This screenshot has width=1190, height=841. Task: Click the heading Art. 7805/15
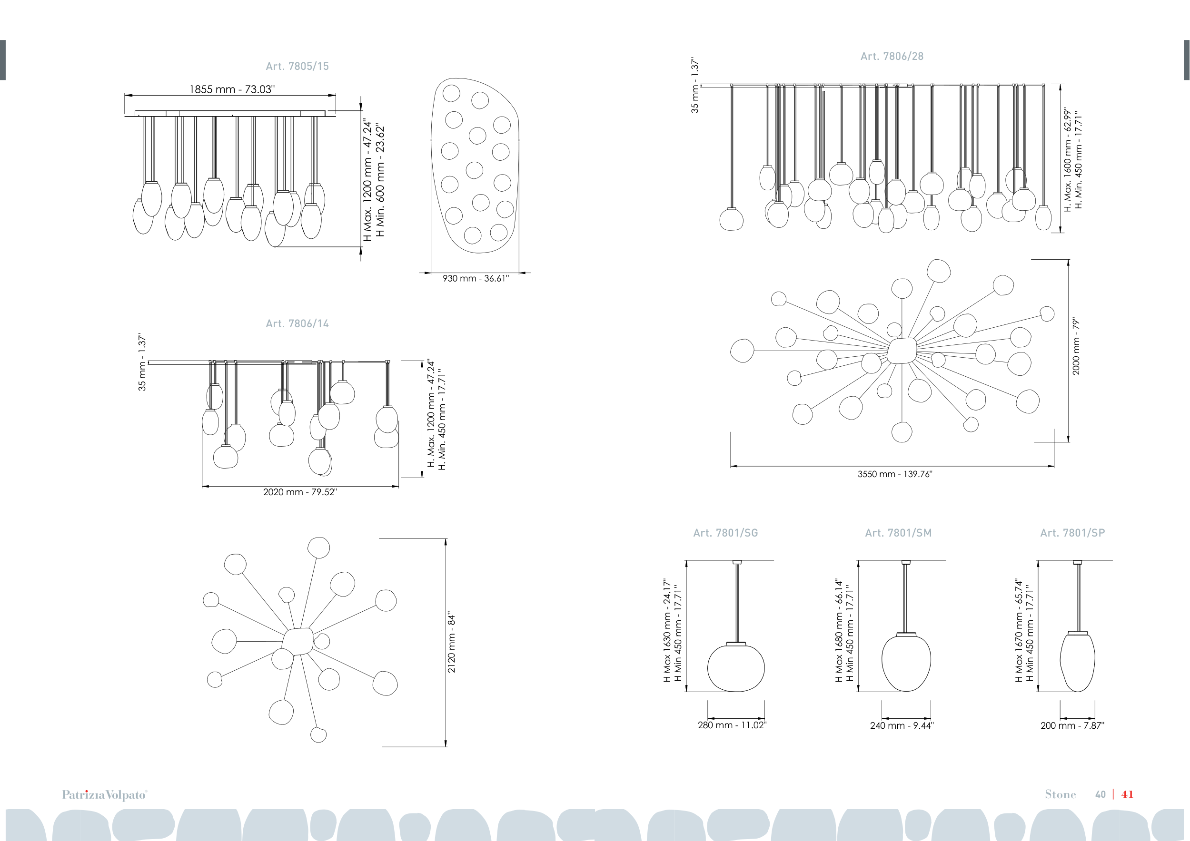297,66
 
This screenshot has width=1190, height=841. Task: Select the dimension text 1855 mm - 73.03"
232,89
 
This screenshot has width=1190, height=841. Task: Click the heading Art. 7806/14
297,323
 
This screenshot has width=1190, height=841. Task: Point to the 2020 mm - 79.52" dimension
300,492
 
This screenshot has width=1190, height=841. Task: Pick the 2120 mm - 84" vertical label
451,642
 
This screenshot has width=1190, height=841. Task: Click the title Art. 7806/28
892,57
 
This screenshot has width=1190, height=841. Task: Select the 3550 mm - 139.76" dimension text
895,474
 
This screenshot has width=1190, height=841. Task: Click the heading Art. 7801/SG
725,533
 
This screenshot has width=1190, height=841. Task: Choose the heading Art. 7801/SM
898,533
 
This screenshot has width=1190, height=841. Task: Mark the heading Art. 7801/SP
1072,533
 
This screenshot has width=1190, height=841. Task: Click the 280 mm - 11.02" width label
732,725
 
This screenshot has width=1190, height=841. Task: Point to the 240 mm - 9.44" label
902,725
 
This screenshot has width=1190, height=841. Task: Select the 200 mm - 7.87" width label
1072,725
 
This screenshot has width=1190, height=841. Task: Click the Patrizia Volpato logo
105,795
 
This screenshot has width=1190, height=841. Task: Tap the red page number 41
1127,794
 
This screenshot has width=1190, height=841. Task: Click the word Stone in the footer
1061,794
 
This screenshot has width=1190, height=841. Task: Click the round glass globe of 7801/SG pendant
736,668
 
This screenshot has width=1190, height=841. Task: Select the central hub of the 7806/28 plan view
902,351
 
